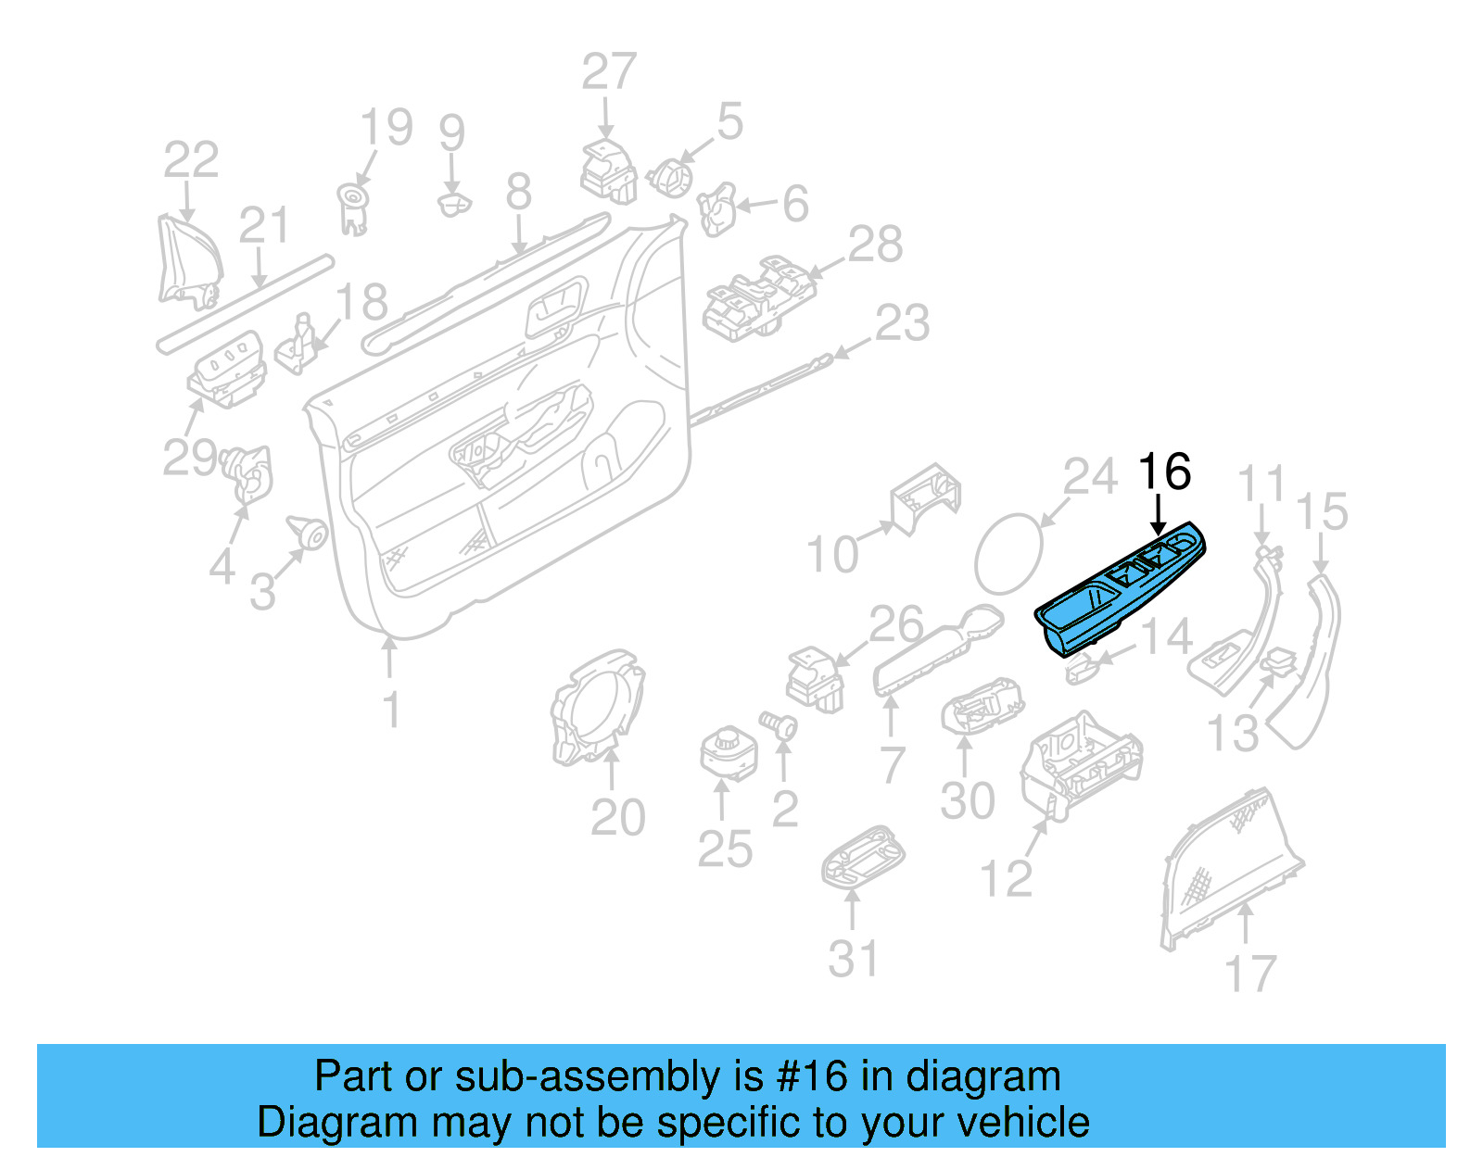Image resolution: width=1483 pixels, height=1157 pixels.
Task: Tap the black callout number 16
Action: (1163, 472)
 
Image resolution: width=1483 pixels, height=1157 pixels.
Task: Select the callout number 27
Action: (609, 72)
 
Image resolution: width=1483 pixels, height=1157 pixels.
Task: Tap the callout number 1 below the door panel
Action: (391, 711)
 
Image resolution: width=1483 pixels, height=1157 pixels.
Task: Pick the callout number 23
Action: (902, 323)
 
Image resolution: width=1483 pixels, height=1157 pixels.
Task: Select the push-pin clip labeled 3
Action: (309, 532)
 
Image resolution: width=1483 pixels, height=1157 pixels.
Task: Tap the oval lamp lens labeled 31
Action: (862, 858)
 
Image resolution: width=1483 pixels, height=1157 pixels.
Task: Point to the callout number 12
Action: (1006, 878)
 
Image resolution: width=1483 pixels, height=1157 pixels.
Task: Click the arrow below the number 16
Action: (1158, 515)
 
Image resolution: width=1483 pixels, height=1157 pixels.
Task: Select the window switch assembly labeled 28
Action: (758, 298)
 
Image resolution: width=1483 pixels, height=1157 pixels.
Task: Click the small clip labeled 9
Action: (453, 204)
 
